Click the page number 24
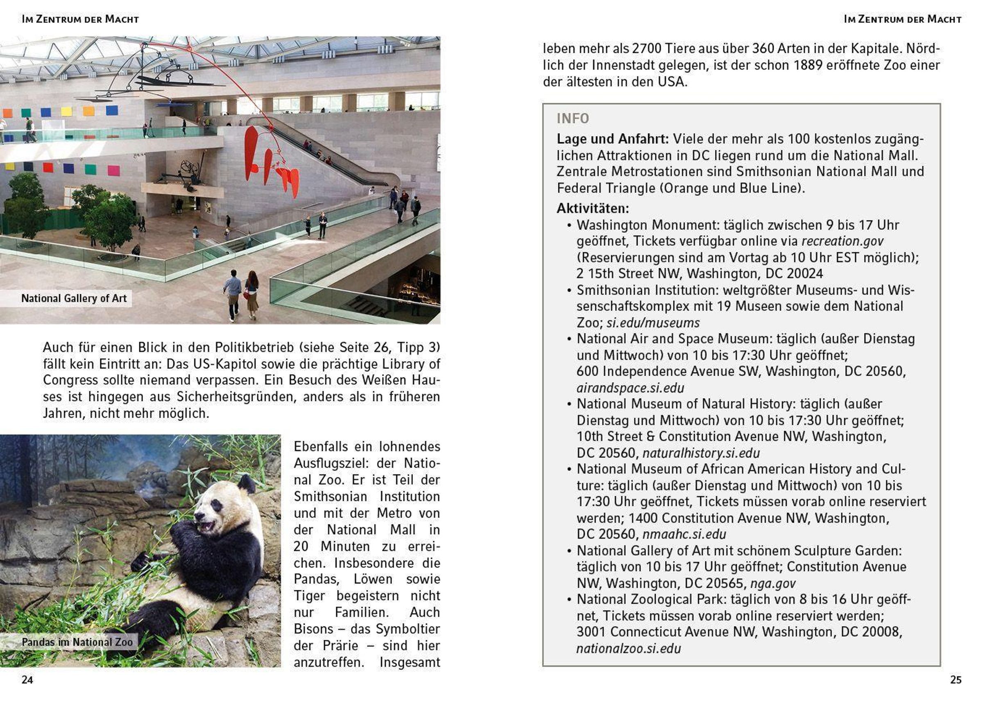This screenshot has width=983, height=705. pyautogui.click(x=27, y=680)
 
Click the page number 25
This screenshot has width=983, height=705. pyautogui.click(x=956, y=680)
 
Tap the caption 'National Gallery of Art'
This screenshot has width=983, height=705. pyautogui.click(x=74, y=298)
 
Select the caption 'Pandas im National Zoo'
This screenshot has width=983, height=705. pyautogui.click(x=77, y=642)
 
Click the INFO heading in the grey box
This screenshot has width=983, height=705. pyautogui.click(x=573, y=118)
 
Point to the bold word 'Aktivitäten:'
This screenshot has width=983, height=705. pyautogui.click(x=593, y=209)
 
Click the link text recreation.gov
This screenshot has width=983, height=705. pyautogui.click(x=842, y=241)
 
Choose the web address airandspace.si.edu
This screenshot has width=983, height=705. pyautogui.click(x=630, y=388)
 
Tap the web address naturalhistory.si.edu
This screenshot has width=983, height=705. pyautogui.click(x=701, y=453)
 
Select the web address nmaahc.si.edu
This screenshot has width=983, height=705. pyautogui.click(x=684, y=534)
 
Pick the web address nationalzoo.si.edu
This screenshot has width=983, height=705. pyautogui.click(x=628, y=648)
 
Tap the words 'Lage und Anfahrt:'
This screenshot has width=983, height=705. pyautogui.click(x=613, y=139)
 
